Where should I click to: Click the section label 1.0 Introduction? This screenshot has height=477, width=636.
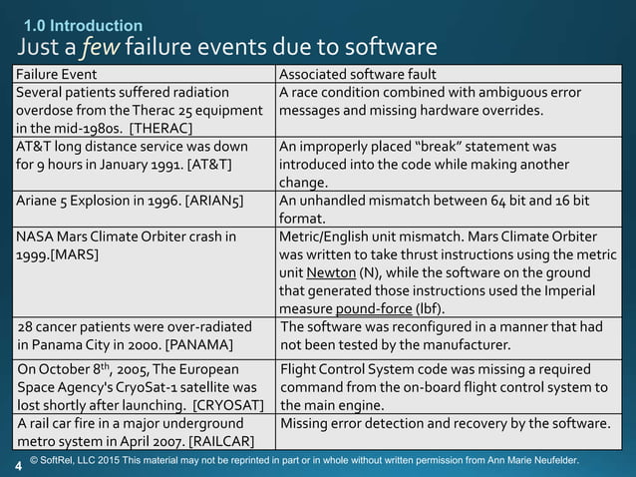83,25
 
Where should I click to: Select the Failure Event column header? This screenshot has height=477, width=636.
54,75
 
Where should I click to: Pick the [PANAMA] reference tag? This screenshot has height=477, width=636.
204,345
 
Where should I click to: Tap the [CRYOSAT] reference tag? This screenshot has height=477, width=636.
227,406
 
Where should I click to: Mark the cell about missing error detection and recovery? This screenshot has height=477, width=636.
446,424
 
